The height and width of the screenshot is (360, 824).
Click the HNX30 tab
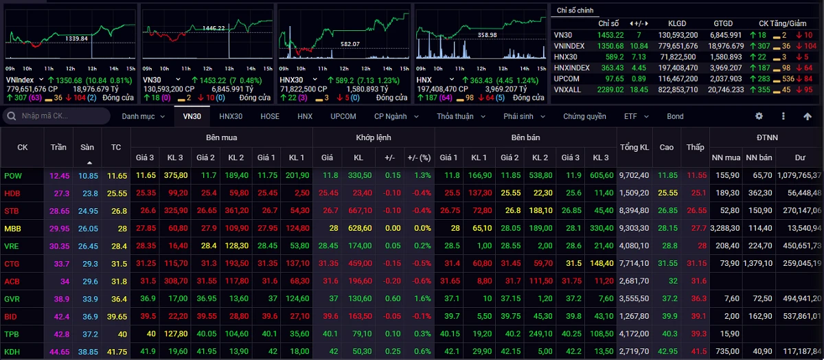231,116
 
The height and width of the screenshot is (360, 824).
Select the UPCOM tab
343,116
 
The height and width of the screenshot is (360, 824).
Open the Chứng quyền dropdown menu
589,116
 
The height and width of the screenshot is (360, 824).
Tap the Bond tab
675,116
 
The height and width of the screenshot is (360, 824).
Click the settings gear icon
759,116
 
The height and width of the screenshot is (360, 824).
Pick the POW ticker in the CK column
13,175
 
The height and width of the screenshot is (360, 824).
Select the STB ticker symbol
12,210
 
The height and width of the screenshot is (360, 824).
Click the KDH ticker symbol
12,351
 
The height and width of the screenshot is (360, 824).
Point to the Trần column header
58,147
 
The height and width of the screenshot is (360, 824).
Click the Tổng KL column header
634,147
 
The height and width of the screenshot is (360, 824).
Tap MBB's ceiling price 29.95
59,228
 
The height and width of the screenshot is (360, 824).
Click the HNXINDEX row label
571,67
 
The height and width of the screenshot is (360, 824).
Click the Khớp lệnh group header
374,137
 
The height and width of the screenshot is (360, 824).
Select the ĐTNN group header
766,137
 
